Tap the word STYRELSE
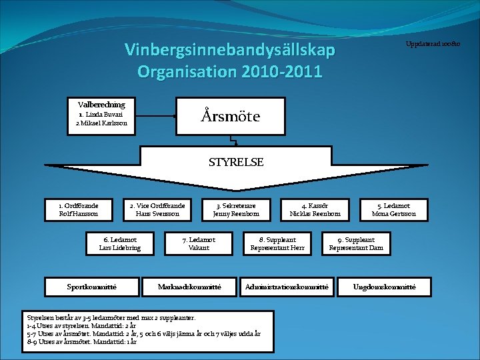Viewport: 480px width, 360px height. pyautogui.click(x=236, y=162)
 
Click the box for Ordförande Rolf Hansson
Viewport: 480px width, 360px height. pyautogui.click(x=78, y=209)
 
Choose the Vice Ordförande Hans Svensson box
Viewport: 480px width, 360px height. pyautogui.click(x=157, y=209)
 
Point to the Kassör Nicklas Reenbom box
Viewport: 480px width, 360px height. pyautogui.click(x=315, y=209)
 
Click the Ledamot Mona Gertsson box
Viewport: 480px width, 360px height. pyautogui.click(x=393, y=209)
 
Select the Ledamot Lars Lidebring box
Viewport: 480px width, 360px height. pyautogui.click(x=115, y=243)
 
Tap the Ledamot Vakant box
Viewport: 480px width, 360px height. pyautogui.click(x=199, y=243)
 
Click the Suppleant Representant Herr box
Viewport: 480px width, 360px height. pyautogui.click(x=277, y=243)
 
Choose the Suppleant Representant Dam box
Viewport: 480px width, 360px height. pyautogui.click(x=356, y=243)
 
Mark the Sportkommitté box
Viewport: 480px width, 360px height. pyautogui.click(x=93, y=286)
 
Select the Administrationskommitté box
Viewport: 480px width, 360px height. pyautogui.click(x=287, y=286)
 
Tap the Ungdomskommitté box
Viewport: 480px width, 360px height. pyautogui.click(x=385, y=286)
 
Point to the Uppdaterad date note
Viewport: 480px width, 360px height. pyautogui.click(x=433, y=44)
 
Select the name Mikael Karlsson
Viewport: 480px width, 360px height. pyautogui.click(x=101, y=123)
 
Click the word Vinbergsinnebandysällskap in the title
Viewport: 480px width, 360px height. pyautogui.click(x=230, y=51)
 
